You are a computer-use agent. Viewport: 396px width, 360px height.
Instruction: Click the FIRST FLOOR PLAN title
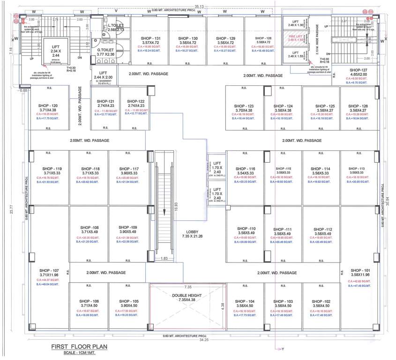(78, 347)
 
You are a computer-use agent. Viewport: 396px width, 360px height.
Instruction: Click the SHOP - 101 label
(360, 270)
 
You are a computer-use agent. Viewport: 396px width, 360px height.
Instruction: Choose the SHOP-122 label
(134, 101)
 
